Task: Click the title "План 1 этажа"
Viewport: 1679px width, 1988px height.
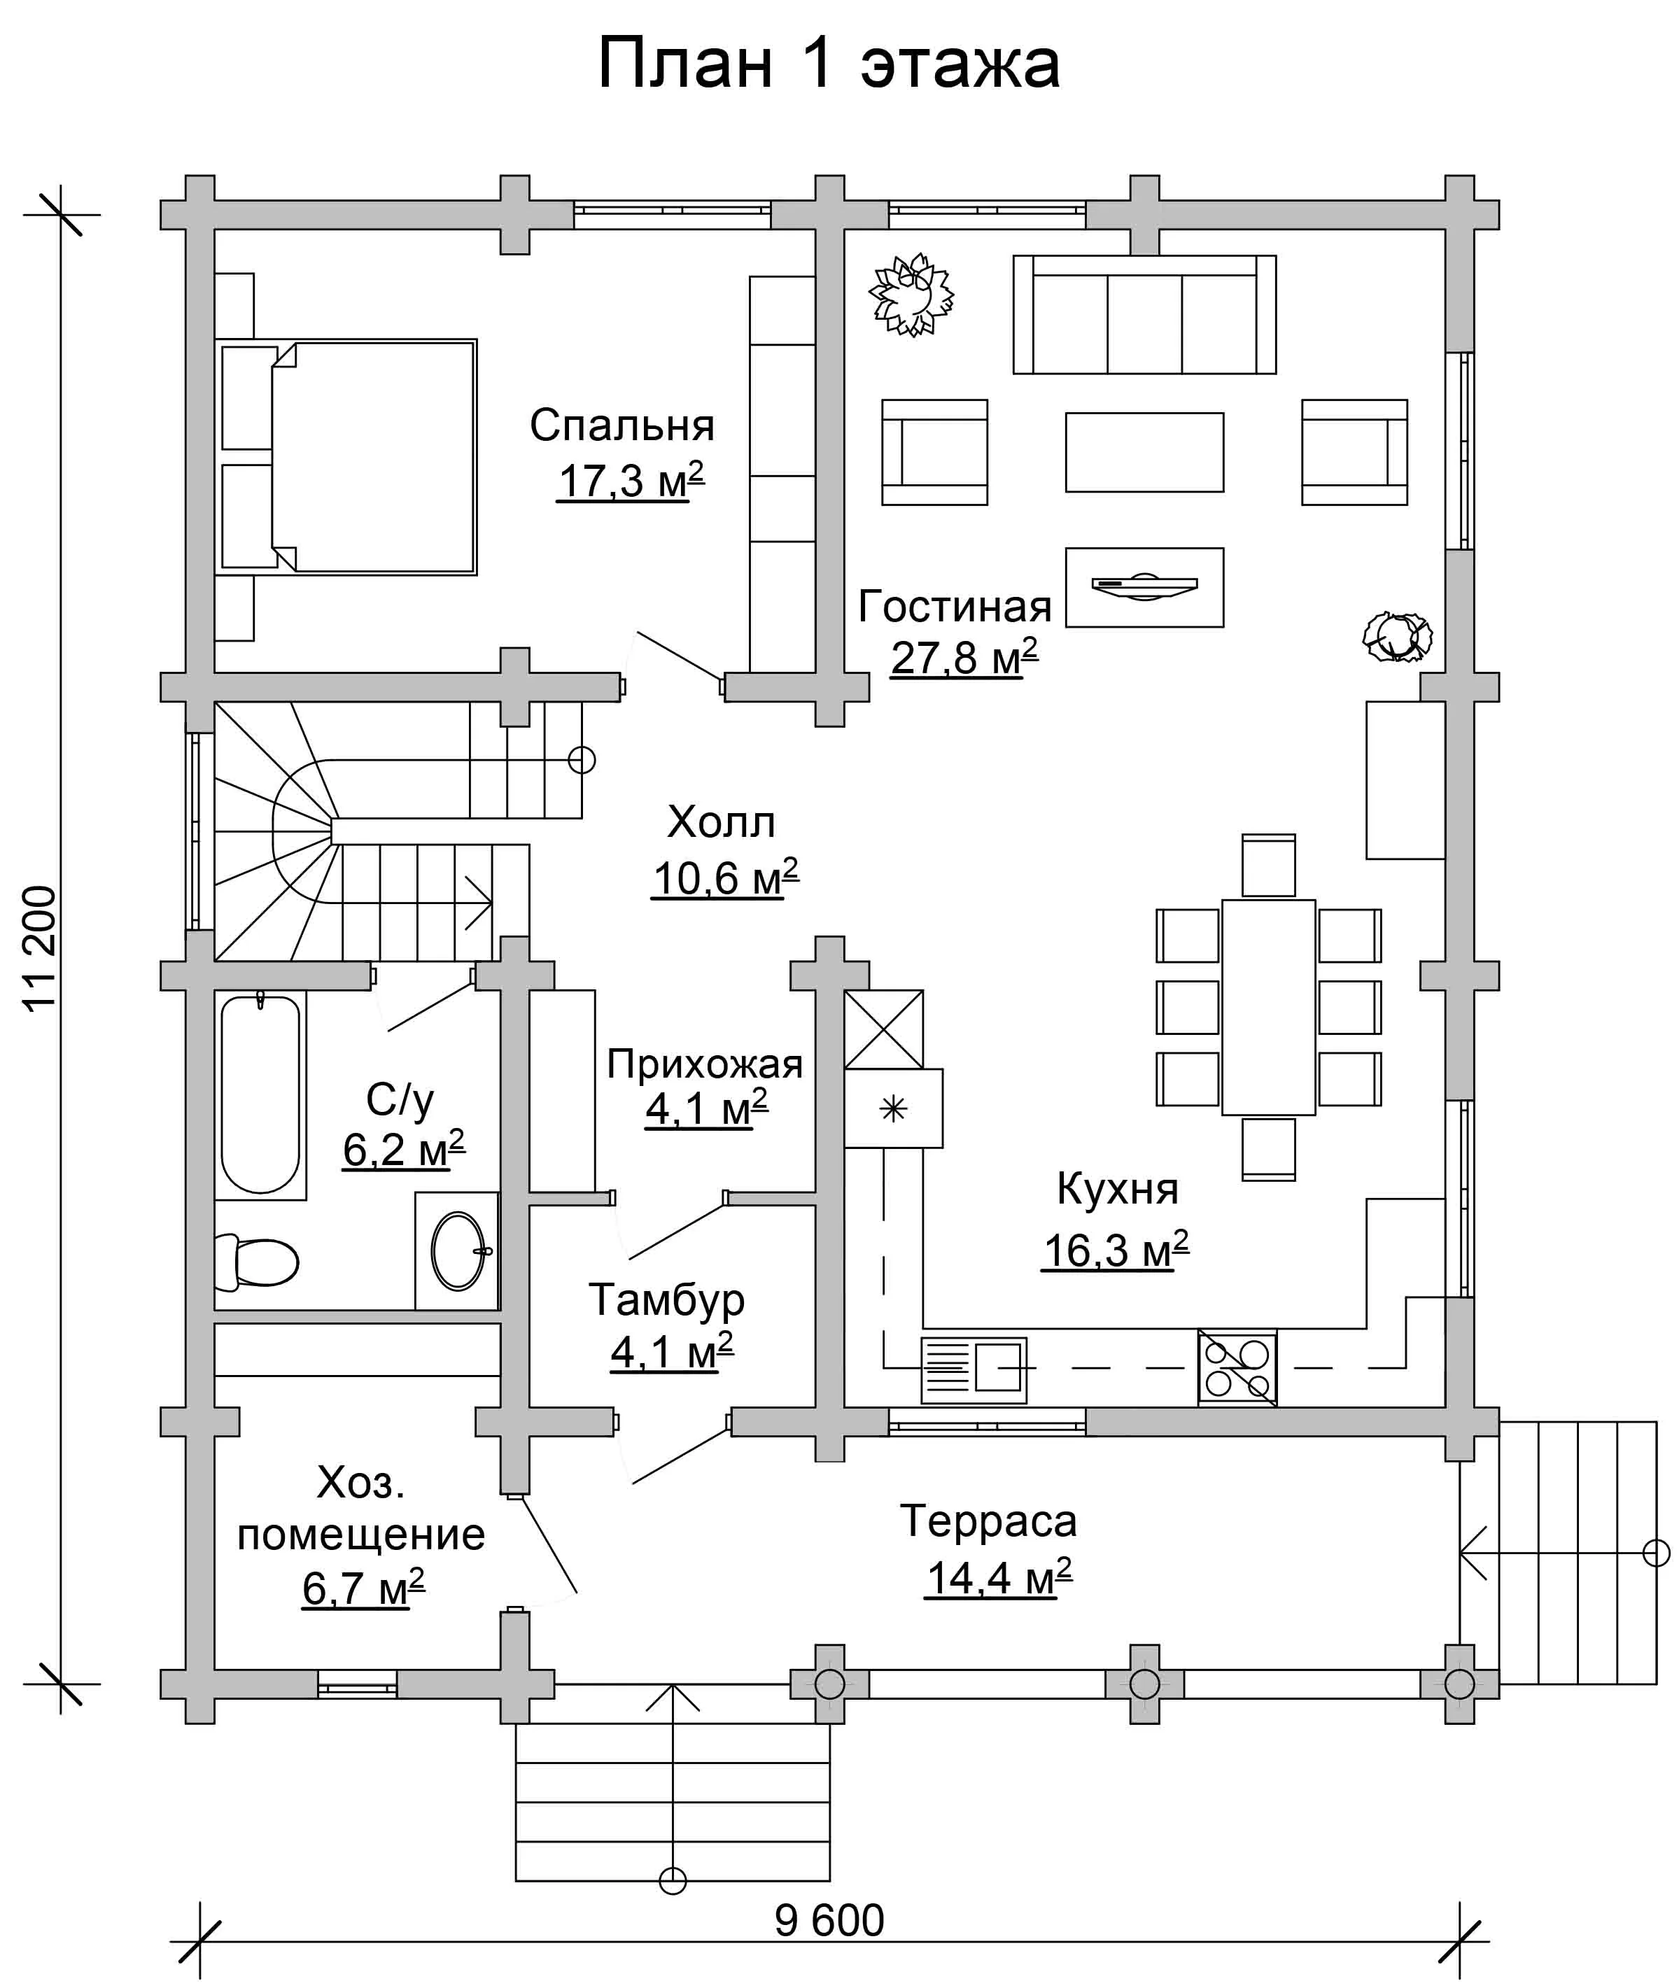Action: click(828, 64)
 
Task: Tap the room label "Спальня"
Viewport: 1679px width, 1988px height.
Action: click(621, 425)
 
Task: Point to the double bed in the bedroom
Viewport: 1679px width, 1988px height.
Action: click(346, 457)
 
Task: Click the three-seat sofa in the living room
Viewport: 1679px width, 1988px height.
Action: click(1144, 314)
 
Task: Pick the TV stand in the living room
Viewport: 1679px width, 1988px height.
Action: click(1144, 587)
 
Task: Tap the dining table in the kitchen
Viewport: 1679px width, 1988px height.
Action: click(1269, 1007)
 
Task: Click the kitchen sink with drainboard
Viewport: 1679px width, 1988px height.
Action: click(974, 1370)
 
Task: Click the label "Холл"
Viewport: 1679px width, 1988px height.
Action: click(722, 822)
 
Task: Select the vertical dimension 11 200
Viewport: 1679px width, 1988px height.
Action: click(40, 948)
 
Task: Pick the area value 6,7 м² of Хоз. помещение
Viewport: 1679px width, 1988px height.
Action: click(363, 1587)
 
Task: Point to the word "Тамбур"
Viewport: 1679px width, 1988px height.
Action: click(666, 1300)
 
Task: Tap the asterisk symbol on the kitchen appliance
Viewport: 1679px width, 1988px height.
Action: click(893, 1108)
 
